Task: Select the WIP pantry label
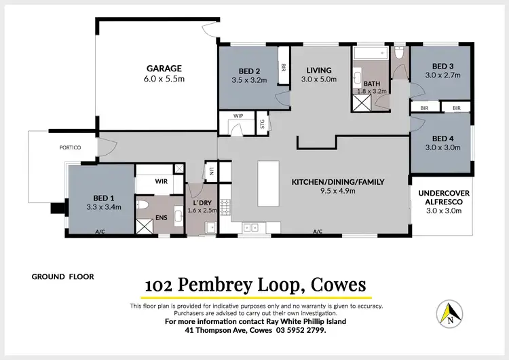coord(238,116)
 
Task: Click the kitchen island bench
coord(269,183)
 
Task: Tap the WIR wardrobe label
coord(161,181)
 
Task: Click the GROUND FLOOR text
coord(63,276)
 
